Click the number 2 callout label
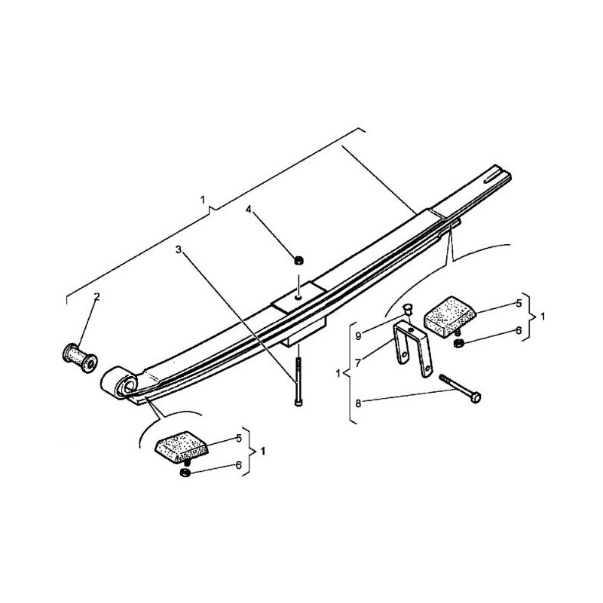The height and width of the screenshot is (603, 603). point(96,297)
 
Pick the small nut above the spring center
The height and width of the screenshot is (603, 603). point(298,262)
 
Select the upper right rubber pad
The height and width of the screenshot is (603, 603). point(449,313)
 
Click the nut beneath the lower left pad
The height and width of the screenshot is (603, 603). point(184,473)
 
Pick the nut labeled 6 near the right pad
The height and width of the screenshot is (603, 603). point(459,343)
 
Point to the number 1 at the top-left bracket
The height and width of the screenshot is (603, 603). point(203,199)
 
